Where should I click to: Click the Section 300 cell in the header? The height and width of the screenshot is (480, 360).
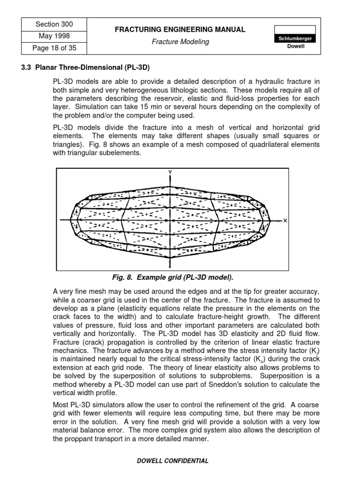pos(54,24)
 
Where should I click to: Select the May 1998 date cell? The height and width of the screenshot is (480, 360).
pos(54,36)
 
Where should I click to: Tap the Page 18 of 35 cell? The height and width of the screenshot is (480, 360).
pos(54,47)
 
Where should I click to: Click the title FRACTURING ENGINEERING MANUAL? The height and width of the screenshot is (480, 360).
pos(180,30)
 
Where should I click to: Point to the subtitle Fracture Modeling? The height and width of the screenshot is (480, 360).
pos(180,42)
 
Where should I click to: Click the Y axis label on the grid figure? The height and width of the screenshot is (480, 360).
pos(170,172)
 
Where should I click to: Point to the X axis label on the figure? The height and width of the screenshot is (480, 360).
pos(285,220)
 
